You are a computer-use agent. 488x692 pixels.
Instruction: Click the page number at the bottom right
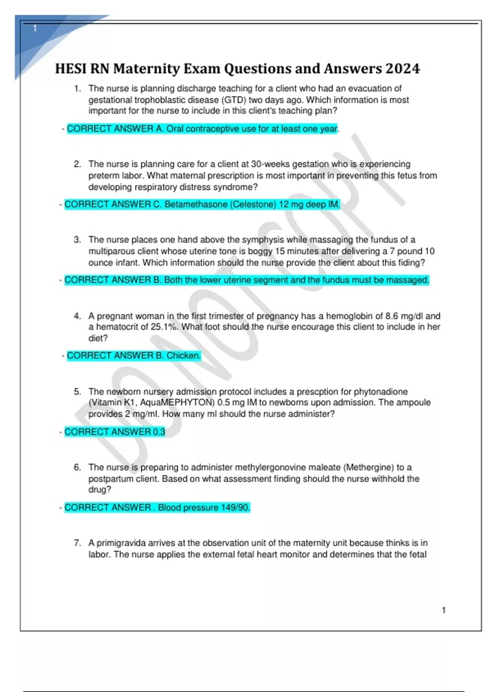(x=444, y=610)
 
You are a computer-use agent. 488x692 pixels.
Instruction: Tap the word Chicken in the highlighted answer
(x=183, y=355)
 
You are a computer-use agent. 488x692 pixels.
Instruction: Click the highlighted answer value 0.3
(x=159, y=431)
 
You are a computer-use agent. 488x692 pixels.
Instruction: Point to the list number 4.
(x=77, y=316)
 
